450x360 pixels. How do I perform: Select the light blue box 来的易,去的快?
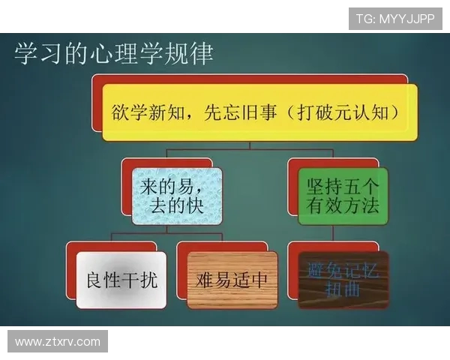click(x=177, y=196)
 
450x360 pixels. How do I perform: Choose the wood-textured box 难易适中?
click(x=232, y=280)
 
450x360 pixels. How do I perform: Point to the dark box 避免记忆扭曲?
click(x=343, y=280)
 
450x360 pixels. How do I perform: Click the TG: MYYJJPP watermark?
click(x=394, y=19)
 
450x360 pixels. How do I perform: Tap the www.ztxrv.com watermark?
click(x=58, y=342)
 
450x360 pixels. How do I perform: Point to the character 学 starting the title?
click(x=25, y=54)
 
